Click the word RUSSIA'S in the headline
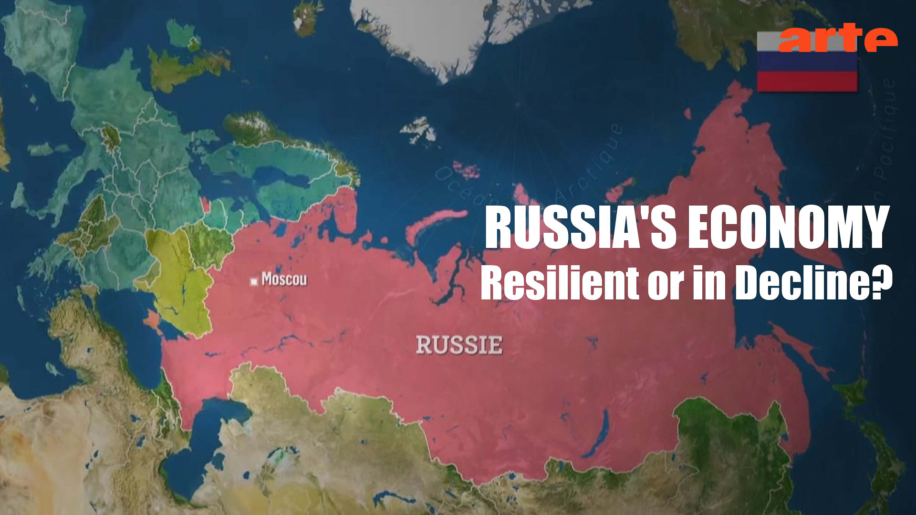click(x=580, y=228)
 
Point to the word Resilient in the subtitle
click(x=559, y=282)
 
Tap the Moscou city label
click(x=284, y=279)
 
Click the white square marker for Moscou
click(x=254, y=281)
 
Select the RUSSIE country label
click(x=459, y=345)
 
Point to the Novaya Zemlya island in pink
click(x=432, y=224)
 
